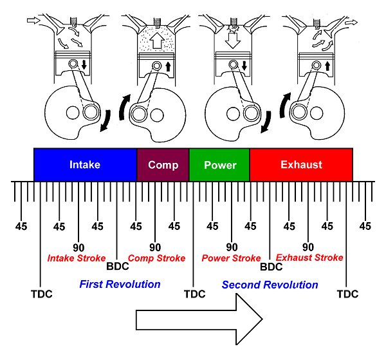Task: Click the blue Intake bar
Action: (85, 165)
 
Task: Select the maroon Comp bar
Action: (163, 165)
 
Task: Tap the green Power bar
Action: (219, 165)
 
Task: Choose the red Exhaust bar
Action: (301, 165)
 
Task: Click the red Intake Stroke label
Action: (77, 258)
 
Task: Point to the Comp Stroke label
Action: (157, 258)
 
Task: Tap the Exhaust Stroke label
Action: (309, 258)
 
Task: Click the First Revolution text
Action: (120, 283)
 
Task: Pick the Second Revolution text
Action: (270, 284)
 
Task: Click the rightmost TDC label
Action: (347, 294)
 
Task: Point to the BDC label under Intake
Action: (117, 265)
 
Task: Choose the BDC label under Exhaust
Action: (271, 265)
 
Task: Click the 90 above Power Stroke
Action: (232, 247)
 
